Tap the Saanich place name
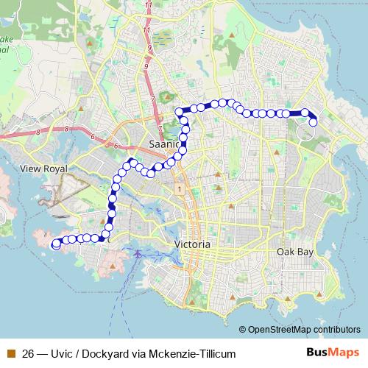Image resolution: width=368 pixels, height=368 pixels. [x=164, y=144]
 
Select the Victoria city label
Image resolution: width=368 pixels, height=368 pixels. [x=194, y=244]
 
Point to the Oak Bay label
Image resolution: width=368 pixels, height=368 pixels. [x=295, y=252]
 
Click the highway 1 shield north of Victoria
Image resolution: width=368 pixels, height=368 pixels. [x=179, y=190]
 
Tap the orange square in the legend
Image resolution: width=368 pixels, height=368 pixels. [x=11, y=353]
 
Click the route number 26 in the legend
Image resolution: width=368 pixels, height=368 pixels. [x=29, y=353]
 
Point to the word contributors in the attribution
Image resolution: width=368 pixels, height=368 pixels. [x=339, y=329]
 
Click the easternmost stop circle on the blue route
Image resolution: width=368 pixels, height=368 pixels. [x=313, y=122]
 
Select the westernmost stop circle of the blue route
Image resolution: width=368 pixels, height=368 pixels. [x=56, y=245]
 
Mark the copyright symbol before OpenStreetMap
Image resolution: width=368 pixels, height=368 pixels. [x=243, y=329]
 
